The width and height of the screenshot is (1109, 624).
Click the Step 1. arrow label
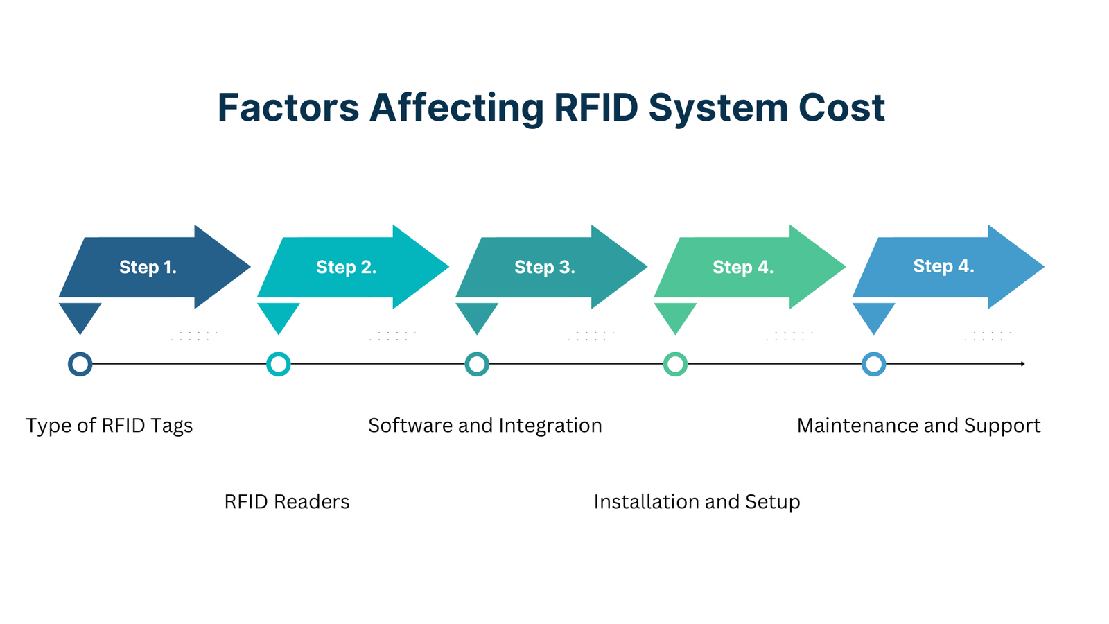tap(148, 267)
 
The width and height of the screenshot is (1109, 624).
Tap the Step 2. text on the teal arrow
tap(346, 267)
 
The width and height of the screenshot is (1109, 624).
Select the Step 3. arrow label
tap(544, 267)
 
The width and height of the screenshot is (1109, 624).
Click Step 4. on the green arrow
tap(742, 267)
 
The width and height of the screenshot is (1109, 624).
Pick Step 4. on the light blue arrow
tap(943, 266)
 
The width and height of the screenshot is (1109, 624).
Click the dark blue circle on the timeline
tap(80, 364)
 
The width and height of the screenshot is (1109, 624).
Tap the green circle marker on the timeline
tap(675, 364)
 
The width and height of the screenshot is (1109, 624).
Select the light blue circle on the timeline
tap(873, 364)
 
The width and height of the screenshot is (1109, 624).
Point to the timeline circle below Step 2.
tap(279, 364)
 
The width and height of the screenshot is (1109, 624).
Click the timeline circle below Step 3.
tap(477, 364)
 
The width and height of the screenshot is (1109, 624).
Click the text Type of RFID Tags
tap(110, 425)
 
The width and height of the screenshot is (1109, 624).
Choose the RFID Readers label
tap(286, 501)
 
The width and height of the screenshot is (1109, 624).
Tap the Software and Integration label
tap(484, 425)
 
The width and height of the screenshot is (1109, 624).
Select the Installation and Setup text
tap(697, 501)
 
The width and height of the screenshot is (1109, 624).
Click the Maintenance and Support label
tap(918, 425)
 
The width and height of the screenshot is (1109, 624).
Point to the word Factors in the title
tap(288, 107)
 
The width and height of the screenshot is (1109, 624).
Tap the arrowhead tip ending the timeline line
tap(1023, 364)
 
